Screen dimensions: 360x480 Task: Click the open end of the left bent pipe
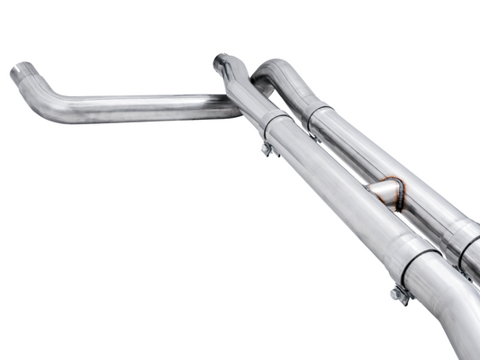[x=22, y=75]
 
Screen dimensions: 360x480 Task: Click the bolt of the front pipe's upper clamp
[x=267, y=149]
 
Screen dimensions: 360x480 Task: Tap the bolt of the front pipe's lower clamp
[x=398, y=293]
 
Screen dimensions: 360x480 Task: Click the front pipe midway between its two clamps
[x=342, y=193]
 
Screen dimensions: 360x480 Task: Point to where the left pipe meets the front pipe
[x=236, y=106]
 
